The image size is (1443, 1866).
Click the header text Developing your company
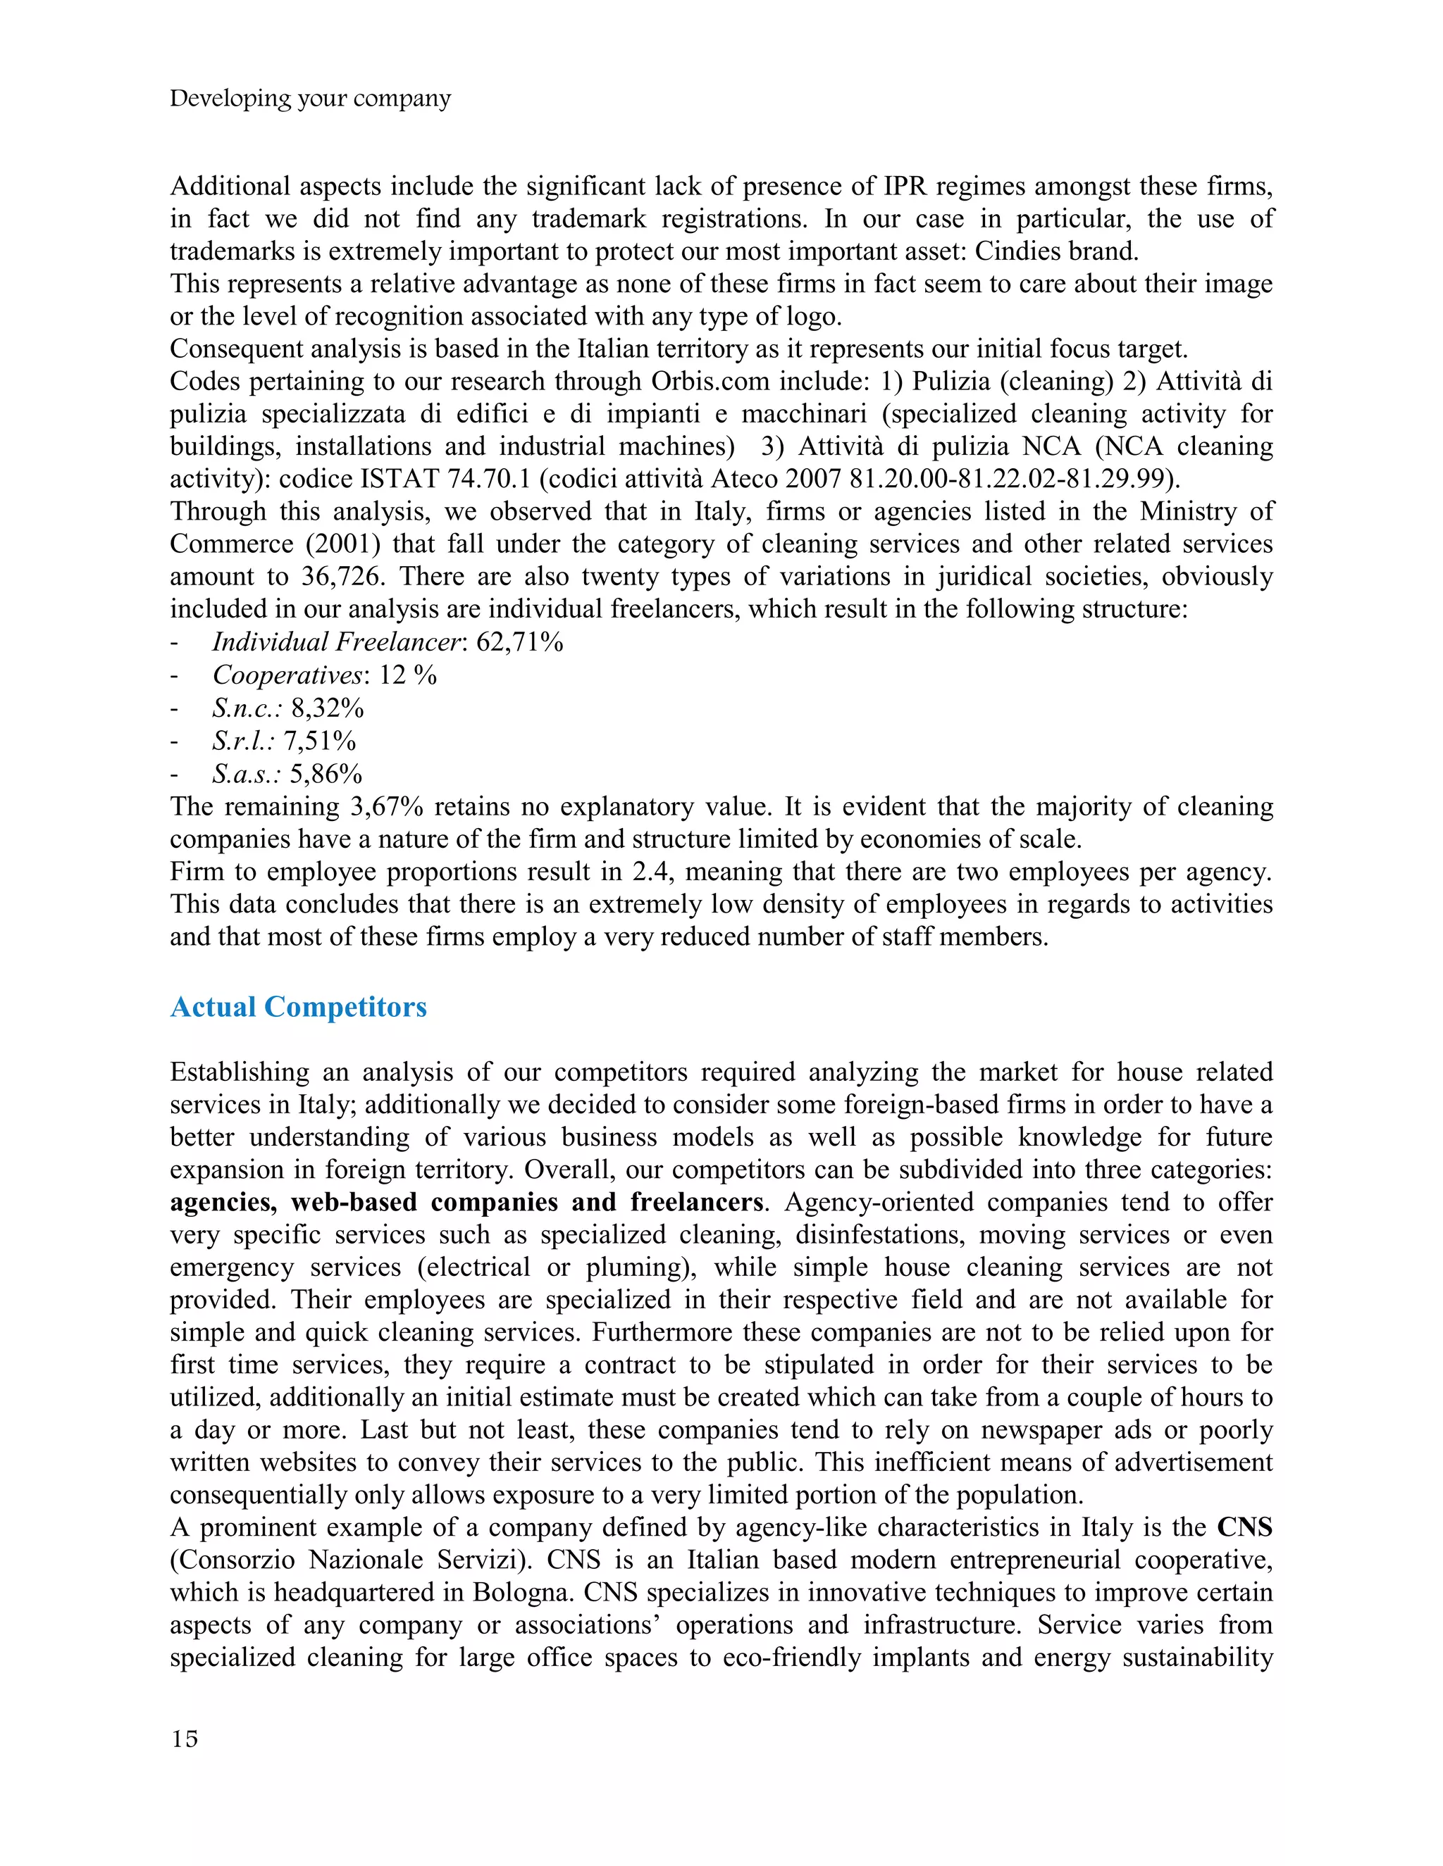tap(309, 99)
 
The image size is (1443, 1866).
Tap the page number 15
tap(184, 1739)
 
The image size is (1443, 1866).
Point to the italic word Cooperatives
tap(287, 675)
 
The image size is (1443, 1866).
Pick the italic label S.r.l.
tap(244, 741)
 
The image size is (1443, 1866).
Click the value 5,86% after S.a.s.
tap(326, 774)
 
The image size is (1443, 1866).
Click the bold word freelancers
tap(697, 1202)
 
